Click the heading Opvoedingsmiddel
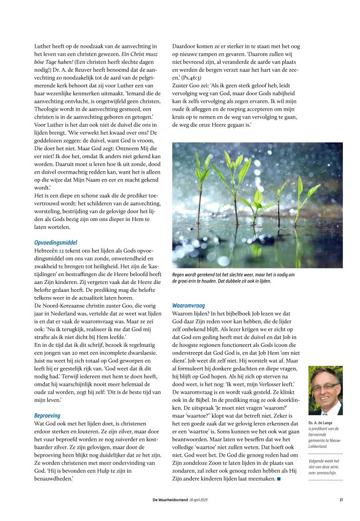pos(56,242)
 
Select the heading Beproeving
pos(47,415)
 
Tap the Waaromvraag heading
pos(189,305)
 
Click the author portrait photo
pos(325,391)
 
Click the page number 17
pos(341,499)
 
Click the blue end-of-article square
pos(279,479)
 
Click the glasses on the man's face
pos(326,386)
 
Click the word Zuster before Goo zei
pos(182,85)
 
